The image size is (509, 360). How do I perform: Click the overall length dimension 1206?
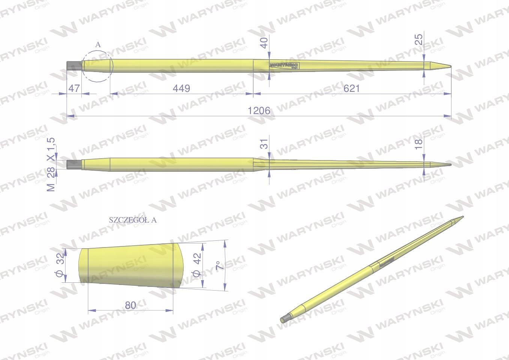pos(259,111)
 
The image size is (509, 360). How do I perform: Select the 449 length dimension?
pos(181,88)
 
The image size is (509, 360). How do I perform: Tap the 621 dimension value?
pos(351,88)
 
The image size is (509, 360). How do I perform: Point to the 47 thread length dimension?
pos(74,88)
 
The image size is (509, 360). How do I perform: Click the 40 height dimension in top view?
pos(264,43)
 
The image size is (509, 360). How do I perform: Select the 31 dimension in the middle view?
pos(264,144)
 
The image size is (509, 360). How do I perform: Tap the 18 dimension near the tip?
pos(419,144)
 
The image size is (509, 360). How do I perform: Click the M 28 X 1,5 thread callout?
pos(51,165)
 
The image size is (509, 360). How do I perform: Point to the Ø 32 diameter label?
pos(60,265)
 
